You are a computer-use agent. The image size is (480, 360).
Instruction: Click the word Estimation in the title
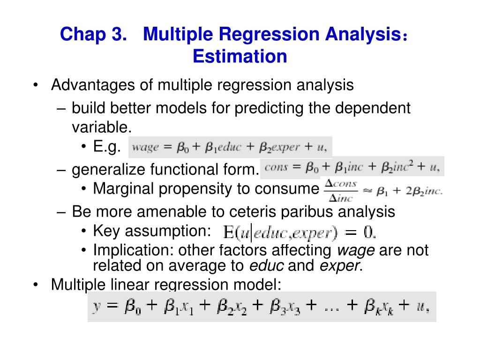(x=240, y=56)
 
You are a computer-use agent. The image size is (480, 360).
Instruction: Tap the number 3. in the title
(x=119, y=34)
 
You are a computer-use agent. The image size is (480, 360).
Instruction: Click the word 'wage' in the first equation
(x=145, y=147)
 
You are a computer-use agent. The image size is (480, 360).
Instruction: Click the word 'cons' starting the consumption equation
(x=276, y=167)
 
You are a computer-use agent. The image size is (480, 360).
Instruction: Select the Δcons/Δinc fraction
(x=341, y=191)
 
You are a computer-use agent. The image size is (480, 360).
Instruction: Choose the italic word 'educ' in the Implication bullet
(x=266, y=265)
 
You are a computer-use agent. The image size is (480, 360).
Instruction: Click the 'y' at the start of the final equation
(x=97, y=307)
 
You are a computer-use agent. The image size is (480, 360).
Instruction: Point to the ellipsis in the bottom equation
(x=331, y=308)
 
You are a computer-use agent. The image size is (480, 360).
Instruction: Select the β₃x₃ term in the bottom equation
(x=285, y=307)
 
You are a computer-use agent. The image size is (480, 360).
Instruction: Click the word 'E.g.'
(x=106, y=147)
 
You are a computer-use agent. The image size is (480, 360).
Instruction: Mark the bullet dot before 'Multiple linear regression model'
(x=36, y=285)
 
